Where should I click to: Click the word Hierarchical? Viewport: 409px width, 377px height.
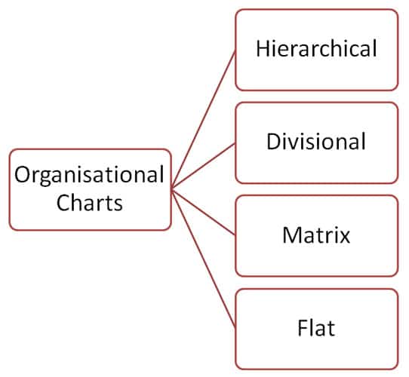tap(316, 50)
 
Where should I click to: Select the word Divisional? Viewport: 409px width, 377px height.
tap(316, 142)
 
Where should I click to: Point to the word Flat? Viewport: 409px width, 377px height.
tap(316, 328)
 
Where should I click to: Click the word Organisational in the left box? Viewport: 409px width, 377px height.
tap(90, 176)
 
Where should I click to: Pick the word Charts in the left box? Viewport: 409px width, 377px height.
tap(90, 203)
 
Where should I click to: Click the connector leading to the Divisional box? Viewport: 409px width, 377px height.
tap(204, 166)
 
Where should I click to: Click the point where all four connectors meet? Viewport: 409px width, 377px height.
tap(172, 189)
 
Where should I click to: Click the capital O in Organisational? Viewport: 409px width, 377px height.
tap(23, 176)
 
